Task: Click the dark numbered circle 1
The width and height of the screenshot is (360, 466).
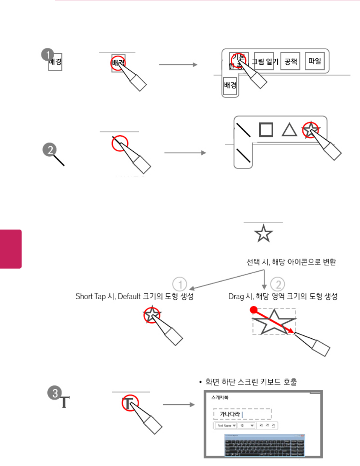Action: tap(48, 55)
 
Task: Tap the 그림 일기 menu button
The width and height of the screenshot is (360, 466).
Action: tap(264, 61)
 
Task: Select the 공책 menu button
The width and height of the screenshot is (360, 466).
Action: tap(290, 61)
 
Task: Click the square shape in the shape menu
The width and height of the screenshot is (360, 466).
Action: tap(266, 129)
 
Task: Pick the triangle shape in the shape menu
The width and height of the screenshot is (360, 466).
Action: tap(289, 130)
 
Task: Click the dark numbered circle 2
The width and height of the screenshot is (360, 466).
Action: tap(50, 150)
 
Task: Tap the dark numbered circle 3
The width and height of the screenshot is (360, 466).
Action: tap(55, 393)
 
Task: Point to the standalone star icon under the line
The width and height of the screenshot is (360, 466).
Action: tap(263, 234)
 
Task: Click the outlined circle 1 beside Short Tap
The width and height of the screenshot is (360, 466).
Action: tap(180, 284)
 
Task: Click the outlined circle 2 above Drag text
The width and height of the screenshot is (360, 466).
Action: tap(278, 284)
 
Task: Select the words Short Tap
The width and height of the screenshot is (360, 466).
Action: tap(90, 297)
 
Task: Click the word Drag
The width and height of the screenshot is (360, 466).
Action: tap(236, 297)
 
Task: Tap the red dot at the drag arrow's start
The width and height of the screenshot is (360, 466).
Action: tap(254, 310)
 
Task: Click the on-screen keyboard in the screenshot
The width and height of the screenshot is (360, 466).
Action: tap(264, 445)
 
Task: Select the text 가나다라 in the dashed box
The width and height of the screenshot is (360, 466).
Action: tap(230, 414)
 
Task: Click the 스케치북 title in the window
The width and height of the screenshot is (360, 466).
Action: tap(220, 397)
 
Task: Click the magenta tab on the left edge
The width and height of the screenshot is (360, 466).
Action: tap(11, 249)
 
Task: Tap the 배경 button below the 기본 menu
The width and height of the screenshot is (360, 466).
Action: tap(230, 85)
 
